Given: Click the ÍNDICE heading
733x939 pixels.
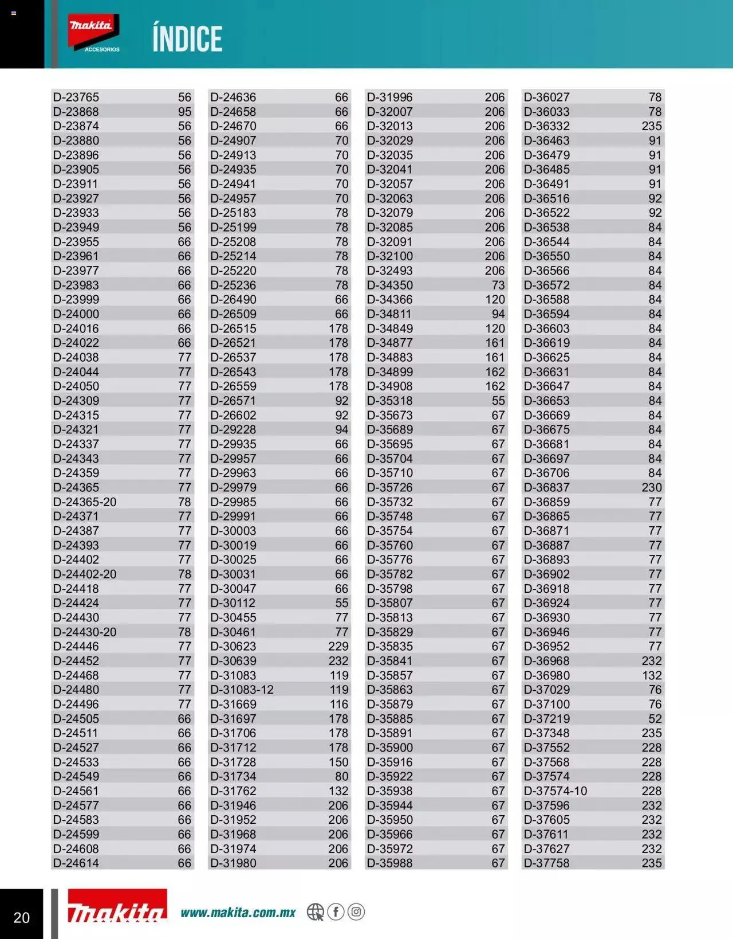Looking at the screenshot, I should pos(187,39).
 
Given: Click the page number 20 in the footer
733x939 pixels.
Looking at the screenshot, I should pos(22,917).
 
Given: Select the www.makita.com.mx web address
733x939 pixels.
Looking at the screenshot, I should pos(238,912).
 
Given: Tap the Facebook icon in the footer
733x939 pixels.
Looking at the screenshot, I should pos(336,911).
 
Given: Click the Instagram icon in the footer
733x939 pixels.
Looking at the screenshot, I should pos(356,911).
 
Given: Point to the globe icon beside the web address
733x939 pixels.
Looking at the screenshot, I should pos(315,911).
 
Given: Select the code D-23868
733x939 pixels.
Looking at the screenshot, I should pos(76,112).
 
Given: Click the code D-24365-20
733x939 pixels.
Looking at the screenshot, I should pos(85,502).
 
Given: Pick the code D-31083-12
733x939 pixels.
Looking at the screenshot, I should pos(242,690).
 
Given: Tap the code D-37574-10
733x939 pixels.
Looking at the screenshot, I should pos(555,791).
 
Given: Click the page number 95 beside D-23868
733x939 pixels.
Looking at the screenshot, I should pos(184,112).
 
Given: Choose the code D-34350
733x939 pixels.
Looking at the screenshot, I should pos(390,285).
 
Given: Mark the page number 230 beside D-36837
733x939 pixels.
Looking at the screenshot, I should pos(652,488).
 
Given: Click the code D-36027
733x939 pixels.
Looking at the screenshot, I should pos(547,97).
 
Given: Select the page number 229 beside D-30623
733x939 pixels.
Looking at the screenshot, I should pos(338,647).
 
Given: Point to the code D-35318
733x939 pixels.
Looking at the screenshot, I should pos(390,401).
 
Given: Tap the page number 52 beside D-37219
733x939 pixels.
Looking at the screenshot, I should pos(655,719).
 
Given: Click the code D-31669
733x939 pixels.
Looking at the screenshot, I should pos(233,705).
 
